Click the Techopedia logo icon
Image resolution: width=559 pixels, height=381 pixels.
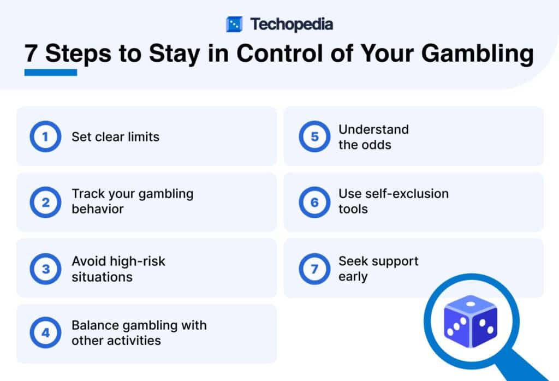[x=234, y=24]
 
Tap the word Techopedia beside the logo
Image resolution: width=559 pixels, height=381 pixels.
[x=292, y=24]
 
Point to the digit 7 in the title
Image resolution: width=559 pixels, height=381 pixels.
[x=32, y=55]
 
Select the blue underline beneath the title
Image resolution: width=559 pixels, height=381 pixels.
[x=51, y=72]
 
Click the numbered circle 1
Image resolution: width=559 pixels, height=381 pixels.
[x=45, y=136]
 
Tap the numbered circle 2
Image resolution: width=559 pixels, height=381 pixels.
[x=45, y=203]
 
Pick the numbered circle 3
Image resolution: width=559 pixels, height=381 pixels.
[x=45, y=269]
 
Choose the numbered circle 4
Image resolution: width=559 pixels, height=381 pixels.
[x=45, y=333]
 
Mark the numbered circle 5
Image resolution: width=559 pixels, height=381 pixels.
[x=314, y=136]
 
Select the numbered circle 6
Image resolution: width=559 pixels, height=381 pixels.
[x=314, y=203]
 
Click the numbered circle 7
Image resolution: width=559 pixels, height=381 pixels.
[x=314, y=269]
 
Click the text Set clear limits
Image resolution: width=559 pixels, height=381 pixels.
[x=115, y=136]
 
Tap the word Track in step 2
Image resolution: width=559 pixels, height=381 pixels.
[x=86, y=194]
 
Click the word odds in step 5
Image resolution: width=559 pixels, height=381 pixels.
[x=376, y=145]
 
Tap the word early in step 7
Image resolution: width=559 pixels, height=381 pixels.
[x=353, y=276]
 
